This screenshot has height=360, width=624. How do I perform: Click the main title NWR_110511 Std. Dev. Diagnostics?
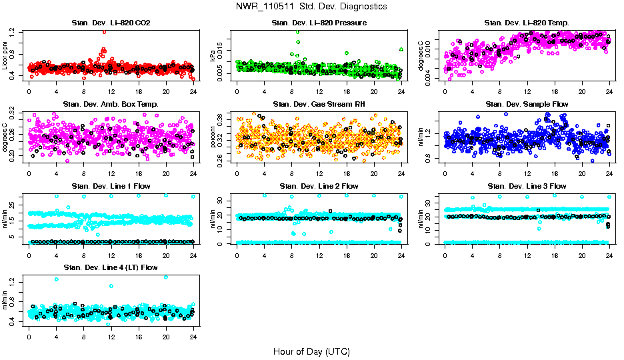pyautogui.click(x=311, y=6)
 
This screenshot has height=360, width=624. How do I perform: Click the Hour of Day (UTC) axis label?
pyautogui.click(x=311, y=351)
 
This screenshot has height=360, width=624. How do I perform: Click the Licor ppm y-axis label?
pyautogui.click(x=6, y=56)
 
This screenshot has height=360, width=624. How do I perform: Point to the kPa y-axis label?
pyautogui.click(x=213, y=56)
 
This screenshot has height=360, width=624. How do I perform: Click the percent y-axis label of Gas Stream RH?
pyautogui.click(x=213, y=137)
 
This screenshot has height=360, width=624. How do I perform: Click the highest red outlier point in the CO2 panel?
pyautogui.click(x=104, y=32)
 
